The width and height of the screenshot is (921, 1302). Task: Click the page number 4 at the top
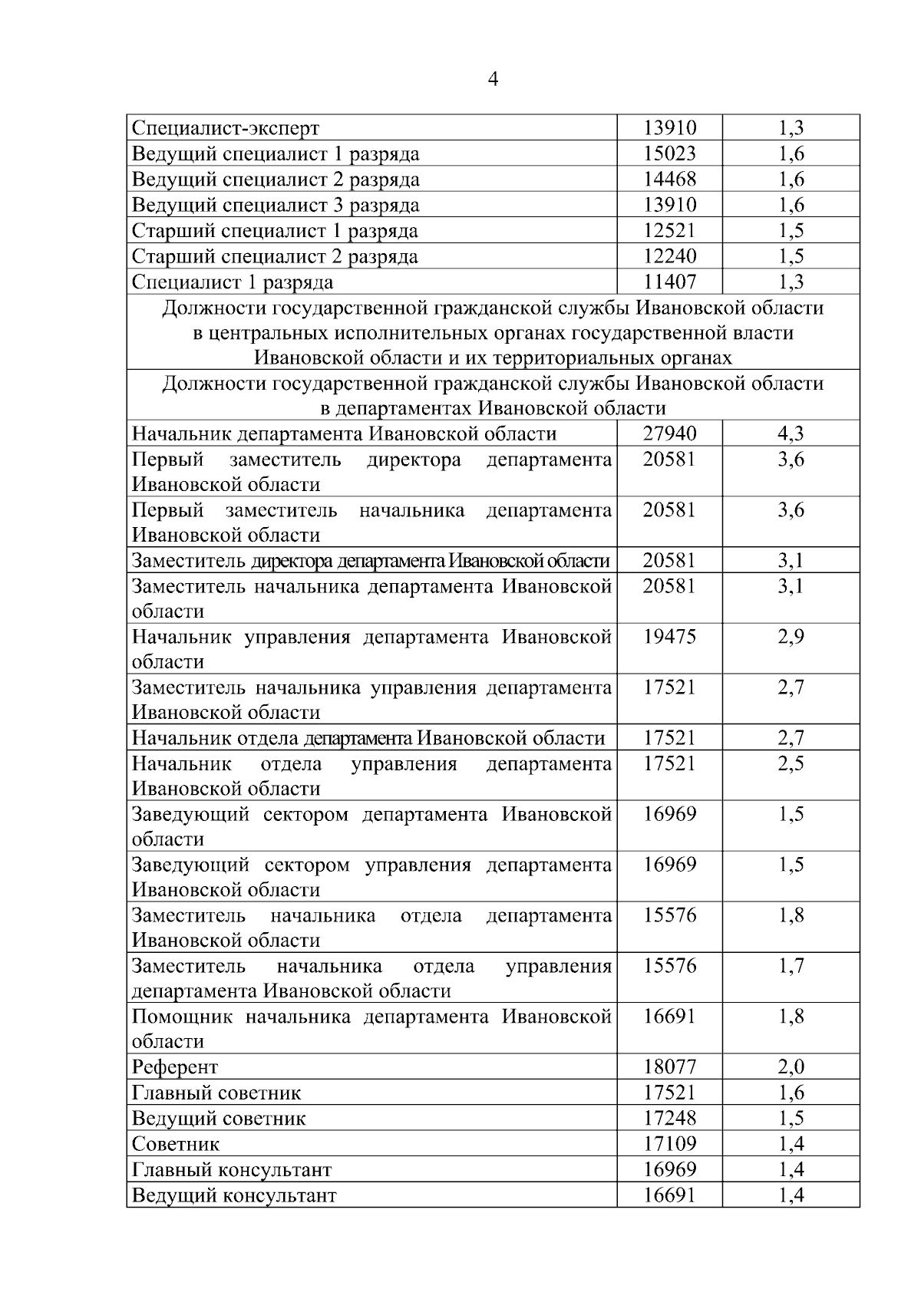(x=493, y=79)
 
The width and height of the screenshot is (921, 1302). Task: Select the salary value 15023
(x=669, y=153)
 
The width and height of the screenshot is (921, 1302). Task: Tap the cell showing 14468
(x=669, y=180)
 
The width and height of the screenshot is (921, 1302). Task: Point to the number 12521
(x=669, y=230)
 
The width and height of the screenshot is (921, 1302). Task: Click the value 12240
(x=669, y=256)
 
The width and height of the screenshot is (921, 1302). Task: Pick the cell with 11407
(x=669, y=282)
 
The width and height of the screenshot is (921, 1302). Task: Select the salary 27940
(x=669, y=433)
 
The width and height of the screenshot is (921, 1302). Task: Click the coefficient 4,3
(x=791, y=433)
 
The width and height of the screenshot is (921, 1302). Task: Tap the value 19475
(x=669, y=637)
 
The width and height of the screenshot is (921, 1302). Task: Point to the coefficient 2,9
(x=791, y=637)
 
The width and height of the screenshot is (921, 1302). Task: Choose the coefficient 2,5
(x=791, y=763)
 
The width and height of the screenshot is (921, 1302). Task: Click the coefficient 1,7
(x=791, y=966)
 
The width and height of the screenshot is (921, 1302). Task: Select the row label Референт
(x=175, y=1067)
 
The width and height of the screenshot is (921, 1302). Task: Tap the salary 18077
(x=669, y=1067)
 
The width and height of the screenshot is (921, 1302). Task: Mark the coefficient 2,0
(x=791, y=1067)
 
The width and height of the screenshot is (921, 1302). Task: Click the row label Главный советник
(x=216, y=1093)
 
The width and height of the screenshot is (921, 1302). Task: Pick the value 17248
(x=669, y=1118)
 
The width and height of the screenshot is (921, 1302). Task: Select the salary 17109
(x=669, y=1144)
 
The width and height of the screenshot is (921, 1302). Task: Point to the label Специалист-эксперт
(x=226, y=128)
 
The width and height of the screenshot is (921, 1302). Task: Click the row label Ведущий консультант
(x=234, y=1195)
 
